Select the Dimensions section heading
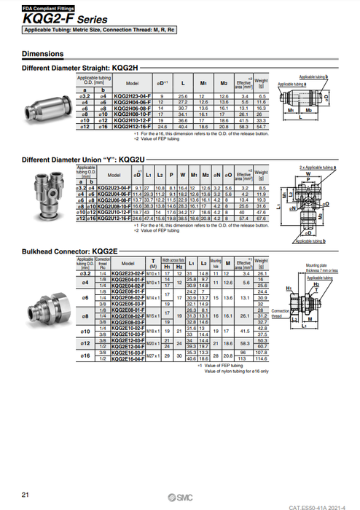(x=42, y=54)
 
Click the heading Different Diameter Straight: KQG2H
(x=82, y=68)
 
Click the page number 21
(x=26, y=495)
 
